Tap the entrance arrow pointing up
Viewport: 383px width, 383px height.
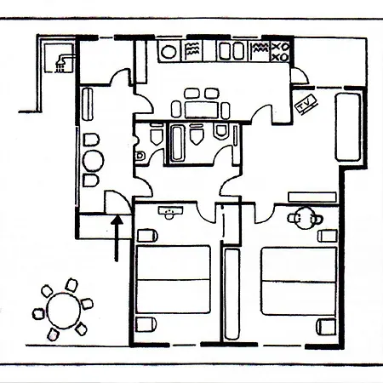pos(117,238)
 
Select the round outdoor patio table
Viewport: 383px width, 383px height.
pos(64,311)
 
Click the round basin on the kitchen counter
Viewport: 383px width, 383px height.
pos(169,52)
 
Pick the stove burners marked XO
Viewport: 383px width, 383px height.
pos(280,52)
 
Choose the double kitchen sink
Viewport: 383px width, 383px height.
pos(232,51)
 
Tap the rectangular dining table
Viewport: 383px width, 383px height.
pos(202,110)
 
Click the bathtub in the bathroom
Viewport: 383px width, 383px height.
pos(177,143)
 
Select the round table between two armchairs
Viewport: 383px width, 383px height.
pos(93,161)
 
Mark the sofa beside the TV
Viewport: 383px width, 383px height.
pos(348,127)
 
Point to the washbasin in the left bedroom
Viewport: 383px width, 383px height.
pos(170,213)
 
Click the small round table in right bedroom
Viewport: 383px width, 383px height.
pos(305,219)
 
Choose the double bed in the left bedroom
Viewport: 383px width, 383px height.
pos(174,280)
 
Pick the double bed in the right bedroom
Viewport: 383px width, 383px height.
pos(299,281)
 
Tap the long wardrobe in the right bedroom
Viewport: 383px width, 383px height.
pos(232,294)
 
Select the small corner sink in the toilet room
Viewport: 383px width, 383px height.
pos(140,155)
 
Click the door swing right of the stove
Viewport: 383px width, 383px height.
pos(300,76)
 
